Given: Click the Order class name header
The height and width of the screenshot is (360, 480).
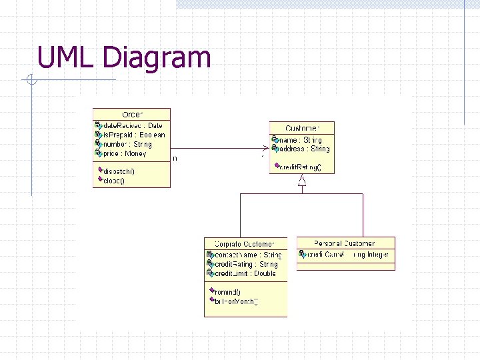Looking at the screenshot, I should click(x=132, y=115).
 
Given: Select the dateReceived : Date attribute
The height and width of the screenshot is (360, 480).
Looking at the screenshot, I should click(x=131, y=125).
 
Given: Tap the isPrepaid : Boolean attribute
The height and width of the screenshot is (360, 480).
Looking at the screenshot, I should click(x=133, y=135).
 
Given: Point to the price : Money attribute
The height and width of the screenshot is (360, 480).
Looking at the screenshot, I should click(x=124, y=153).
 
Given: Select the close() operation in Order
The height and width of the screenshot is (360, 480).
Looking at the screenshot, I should click(x=114, y=180).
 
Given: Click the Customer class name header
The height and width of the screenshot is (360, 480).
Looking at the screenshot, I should click(x=302, y=128).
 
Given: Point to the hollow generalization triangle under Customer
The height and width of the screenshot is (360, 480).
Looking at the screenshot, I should click(x=302, y=180).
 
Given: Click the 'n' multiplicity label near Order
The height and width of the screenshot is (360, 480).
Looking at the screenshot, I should click(x=175, y=159).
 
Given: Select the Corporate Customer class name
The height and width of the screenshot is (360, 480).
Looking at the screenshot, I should click(x=245, y=244).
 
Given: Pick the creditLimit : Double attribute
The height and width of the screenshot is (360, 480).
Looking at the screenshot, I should click(x=244, y=273).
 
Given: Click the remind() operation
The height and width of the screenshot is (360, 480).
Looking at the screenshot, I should click(x=227, y=292).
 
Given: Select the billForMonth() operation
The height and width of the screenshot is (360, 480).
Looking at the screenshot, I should click(x=235, y=301).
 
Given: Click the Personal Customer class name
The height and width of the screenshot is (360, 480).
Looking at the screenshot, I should click(x=345, y=243).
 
